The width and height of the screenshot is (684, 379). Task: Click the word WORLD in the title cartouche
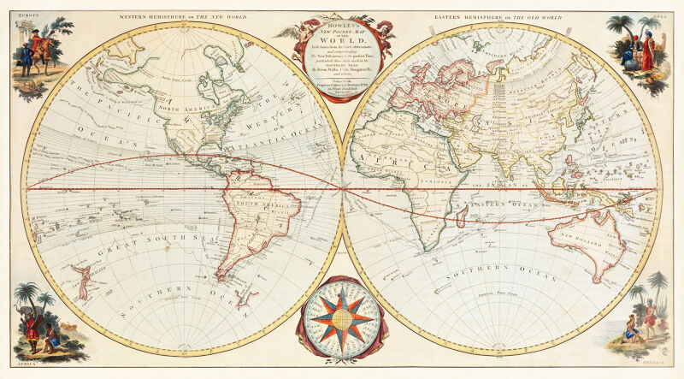342,39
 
